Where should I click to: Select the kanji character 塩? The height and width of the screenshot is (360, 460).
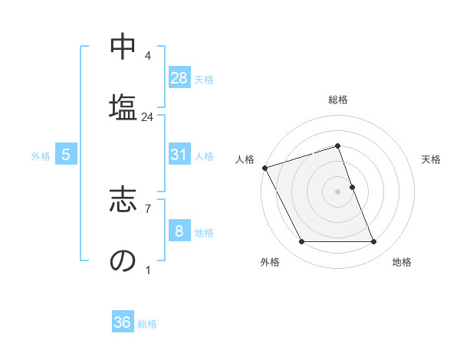coord(123,105)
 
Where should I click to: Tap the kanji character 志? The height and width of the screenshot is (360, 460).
coord(123,197)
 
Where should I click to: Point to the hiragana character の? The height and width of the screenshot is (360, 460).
coord(123,260)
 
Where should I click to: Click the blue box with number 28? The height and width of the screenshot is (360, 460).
coord(179,77)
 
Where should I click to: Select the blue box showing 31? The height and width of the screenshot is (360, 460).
coord(179,155)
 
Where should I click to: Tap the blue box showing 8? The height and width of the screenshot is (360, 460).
coord(179,232)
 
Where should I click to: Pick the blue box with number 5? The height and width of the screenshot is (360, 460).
coord(66,155)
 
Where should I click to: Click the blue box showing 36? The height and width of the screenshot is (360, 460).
coord(123,322)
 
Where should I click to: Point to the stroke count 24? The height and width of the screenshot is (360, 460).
coord(148,117)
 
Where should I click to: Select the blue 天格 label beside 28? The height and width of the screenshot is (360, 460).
coord(204,79)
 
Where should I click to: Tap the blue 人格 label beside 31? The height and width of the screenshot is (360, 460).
coord(204,156)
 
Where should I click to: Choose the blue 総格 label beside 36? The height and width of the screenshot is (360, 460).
coord(147,324)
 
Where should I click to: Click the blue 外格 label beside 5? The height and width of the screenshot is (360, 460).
coord(41,156)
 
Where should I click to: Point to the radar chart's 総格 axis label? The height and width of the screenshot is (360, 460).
coord(338,100)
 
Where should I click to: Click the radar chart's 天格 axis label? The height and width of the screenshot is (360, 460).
coord(432,159)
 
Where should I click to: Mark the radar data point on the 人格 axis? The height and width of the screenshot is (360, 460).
coord(264,168)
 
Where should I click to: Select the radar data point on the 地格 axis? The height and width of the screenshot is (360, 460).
coord(373,242)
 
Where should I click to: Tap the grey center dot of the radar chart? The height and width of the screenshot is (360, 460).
coord(338,191)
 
